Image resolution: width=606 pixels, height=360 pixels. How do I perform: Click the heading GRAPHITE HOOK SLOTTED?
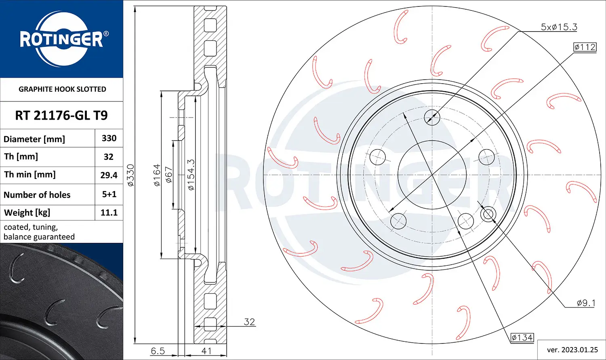tap(62, 89)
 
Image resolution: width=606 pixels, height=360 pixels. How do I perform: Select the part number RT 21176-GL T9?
tap(61, 116)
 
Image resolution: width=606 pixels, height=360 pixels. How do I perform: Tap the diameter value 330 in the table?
tap(109, 138)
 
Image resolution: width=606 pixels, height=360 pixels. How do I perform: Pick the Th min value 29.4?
tap(109, 175)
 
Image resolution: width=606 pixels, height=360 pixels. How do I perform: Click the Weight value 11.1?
tap(109, 213)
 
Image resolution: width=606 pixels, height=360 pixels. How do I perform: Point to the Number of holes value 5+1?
tap(109, 194)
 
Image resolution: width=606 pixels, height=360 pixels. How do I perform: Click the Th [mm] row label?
tap(21, 157)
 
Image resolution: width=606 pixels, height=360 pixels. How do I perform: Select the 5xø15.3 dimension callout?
tap(559, 27)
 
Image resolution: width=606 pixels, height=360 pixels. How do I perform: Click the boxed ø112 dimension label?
tap(585, 47)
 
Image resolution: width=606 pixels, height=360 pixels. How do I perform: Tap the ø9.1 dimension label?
tap(585, 303)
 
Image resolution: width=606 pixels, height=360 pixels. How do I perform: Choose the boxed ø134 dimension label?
tap(522, 337)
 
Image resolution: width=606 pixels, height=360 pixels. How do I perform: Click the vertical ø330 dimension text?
tap(130, 175)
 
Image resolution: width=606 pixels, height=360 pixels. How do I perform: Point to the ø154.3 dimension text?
tap(191, 175)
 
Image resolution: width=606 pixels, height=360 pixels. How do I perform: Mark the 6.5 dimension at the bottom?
tap(158, 351)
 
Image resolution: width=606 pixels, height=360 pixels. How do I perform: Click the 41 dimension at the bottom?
tap(206, 351)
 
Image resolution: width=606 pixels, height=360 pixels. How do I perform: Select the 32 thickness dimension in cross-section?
tap(249, 322)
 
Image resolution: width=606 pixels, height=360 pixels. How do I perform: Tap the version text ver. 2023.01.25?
tap(572, 349)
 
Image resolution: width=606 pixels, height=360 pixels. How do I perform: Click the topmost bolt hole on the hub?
tap(432, 117)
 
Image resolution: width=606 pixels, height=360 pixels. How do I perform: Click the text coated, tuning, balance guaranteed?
tap(39, 232)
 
